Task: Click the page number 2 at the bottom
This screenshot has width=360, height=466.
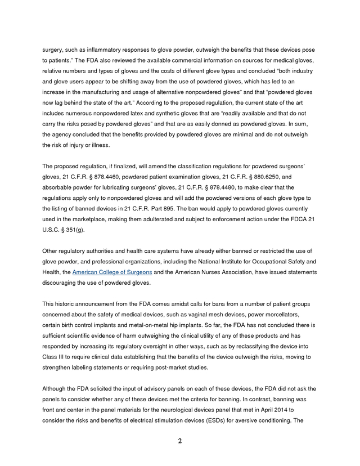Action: tap(180, 441)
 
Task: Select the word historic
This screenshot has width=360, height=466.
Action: tap(67, 303)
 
